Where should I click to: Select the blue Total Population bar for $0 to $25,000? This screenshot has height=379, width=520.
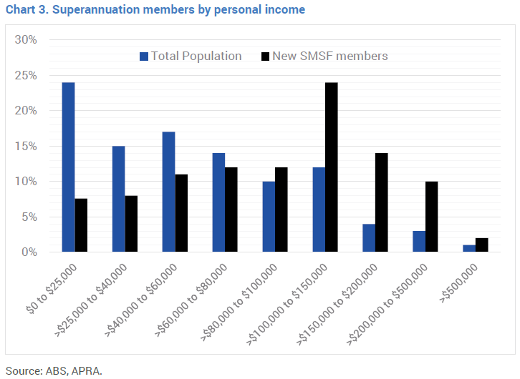point(68,167)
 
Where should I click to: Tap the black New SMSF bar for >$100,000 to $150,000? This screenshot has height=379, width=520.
point(331,167)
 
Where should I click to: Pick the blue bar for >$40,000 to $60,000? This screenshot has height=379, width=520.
point(168,192)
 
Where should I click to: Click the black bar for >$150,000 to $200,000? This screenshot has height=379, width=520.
point(381,202)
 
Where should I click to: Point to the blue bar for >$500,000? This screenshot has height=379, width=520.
point(469,248)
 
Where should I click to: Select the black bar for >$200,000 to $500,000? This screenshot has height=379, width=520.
point(431,217)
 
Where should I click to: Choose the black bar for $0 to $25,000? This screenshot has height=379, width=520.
point(81,225)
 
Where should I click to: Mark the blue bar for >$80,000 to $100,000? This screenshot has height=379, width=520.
point(269,217)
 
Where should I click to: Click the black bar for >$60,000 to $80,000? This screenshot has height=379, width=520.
point(231,210)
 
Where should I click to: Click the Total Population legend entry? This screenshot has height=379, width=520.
point(191,56)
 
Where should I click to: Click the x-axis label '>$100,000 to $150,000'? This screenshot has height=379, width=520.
point(290,304)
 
